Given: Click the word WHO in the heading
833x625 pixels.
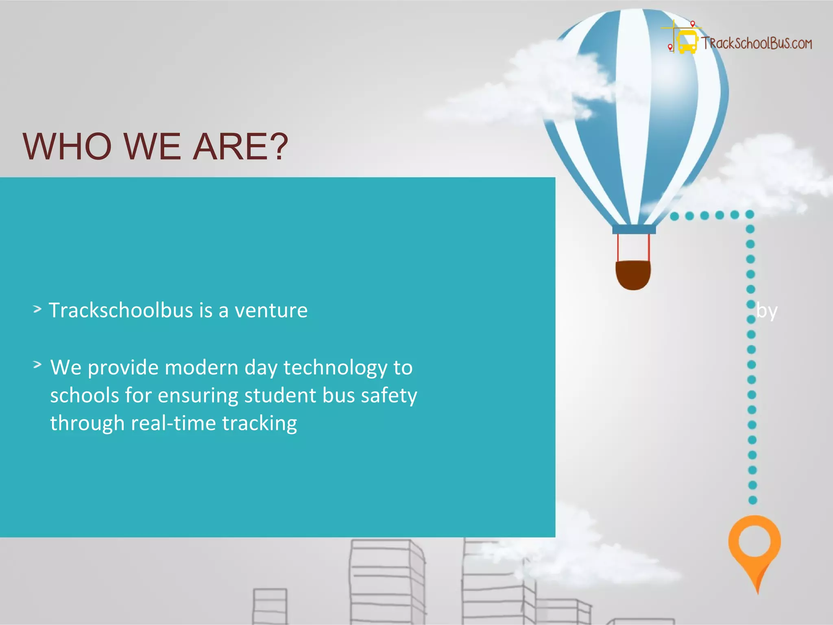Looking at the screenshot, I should [67, 146].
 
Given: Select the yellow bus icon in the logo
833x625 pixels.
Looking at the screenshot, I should [687, 42].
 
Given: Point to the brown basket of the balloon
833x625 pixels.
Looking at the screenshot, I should [633, 275].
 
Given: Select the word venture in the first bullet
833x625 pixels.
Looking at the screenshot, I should [271, 310].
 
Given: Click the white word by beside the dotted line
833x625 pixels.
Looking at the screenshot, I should [767, 311].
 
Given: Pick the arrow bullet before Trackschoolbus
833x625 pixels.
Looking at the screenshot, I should [37, 309].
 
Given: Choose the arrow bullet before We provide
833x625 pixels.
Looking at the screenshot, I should [37, 365].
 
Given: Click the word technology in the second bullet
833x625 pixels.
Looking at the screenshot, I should [335, 368].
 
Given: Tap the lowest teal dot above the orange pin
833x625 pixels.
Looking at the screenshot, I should [753, 500].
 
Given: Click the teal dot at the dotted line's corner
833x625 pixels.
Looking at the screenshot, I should [750, 214].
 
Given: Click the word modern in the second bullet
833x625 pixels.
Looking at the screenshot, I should [201, 368].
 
